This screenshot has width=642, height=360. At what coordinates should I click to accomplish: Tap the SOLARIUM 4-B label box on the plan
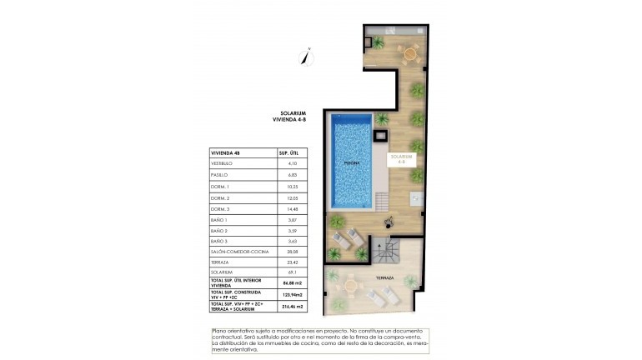tap(402, 158)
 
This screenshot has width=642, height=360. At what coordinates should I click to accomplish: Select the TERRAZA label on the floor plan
tap(384, 277)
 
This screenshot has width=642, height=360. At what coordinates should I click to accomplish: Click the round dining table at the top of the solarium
tap(409, 54)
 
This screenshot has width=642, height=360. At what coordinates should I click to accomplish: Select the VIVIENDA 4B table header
tap(226, 153)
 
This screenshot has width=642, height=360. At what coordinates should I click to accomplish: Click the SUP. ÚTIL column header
tap(288, 153)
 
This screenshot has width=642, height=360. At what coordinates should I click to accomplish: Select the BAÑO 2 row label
tap(220, 229)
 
